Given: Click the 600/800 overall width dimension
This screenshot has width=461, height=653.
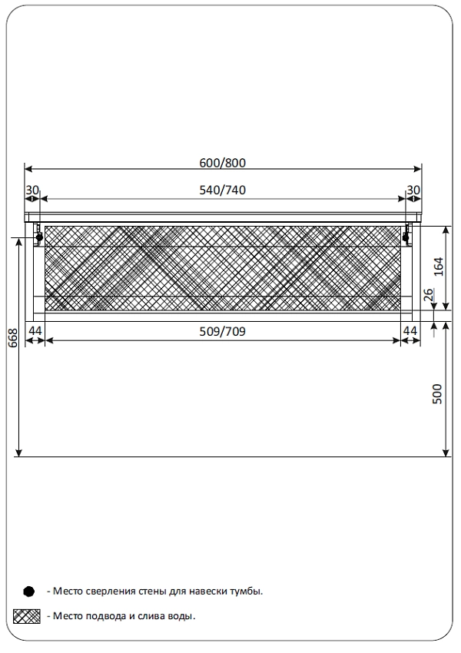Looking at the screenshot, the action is pyautogui.click(x=222, y=163).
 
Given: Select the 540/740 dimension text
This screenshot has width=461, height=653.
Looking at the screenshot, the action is pyautogui.click(x=222, y=190).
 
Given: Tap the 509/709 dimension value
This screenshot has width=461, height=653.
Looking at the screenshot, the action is pyautogui.click(x=222, y=332).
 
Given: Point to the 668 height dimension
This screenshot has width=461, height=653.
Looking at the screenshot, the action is pyautogui.click(x=13, y=338).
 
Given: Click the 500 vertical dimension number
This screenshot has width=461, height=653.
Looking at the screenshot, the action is pyautogui.click(x=437, y=394).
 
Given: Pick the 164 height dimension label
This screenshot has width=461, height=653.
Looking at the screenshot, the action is pyautogui.click(x=439, y=267).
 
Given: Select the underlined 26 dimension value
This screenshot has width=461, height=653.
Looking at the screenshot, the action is pyautogui.click(x=429, y=295).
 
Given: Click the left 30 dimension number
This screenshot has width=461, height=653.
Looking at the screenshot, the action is pyautogui.click(x=32, y=190).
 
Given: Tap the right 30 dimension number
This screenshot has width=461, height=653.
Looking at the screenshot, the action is pyautogui.click(x=413, y=190).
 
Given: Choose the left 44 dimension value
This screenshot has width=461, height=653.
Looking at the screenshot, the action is pyautogui.click(x=35, y=331).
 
